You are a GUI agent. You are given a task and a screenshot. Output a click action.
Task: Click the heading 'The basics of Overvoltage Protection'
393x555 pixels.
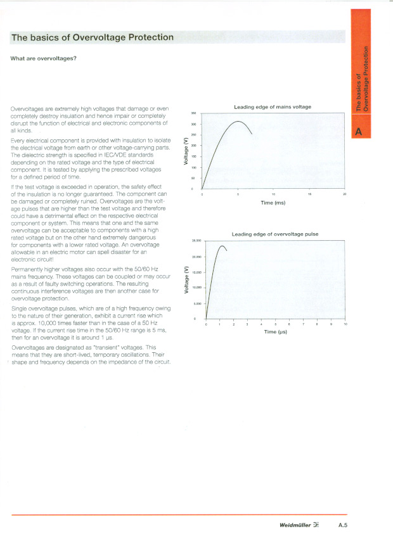[93, 37]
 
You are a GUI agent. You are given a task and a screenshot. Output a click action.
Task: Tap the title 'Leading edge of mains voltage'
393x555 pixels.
[273, 106]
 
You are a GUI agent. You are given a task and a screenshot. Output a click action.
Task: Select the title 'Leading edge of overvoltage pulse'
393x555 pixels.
[275, 234]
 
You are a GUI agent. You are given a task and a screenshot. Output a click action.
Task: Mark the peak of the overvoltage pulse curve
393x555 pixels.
[221, 246]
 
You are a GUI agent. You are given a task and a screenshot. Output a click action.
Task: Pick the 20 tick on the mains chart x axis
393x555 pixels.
[344, 194]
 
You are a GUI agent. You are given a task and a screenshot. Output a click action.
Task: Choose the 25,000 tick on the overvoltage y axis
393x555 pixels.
[196, 241]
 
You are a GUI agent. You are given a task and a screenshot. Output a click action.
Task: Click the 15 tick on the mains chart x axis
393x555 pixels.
[309, 194]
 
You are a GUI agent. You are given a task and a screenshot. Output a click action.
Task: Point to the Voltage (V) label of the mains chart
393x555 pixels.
[186, 152]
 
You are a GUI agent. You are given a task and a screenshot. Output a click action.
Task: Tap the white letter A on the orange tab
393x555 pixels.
[359, 132]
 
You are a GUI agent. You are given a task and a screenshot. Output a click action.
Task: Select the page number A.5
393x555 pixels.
[345, 525]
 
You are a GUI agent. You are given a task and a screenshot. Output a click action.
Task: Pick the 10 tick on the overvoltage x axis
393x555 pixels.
[345, 324]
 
